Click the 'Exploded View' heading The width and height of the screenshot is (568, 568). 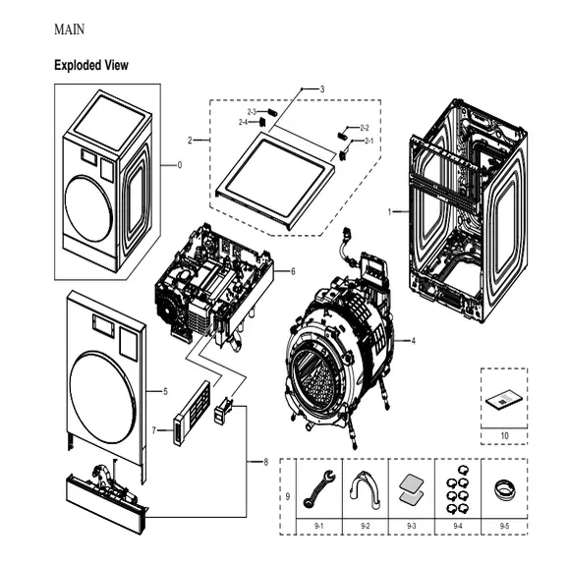pyautogui.click(x=90, y=65)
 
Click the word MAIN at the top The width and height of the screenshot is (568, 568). pyautogui.click(x=69, y=29)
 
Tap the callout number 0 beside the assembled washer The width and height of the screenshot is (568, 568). pyautogui.click(x=179, y=165)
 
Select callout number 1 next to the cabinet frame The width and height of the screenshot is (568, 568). pyautogui.click(x=389, y=211)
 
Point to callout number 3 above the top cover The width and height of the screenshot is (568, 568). pyautogui.click(x=321, y=89)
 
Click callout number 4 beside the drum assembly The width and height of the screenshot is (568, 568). pyautogui.click(x=413, y=341)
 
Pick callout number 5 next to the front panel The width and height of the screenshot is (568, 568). pyautogui.click(x=165, y=391)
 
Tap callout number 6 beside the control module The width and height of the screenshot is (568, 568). pyautogui.click(x=292, y=270)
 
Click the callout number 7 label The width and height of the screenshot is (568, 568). pyautogui.click(x=154, y=430)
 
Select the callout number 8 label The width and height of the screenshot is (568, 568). pyautogui.click(x=264, y=463)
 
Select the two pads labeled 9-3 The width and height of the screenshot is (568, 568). pyautogui.click(x=411, y=489)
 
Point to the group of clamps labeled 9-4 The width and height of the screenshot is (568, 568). pyautogui.click(x=457, y=488)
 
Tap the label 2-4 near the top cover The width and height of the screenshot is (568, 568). pyautogui.click(x=243, y=122)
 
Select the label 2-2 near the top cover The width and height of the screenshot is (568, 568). pyautogui.click(x=365, y=129)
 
